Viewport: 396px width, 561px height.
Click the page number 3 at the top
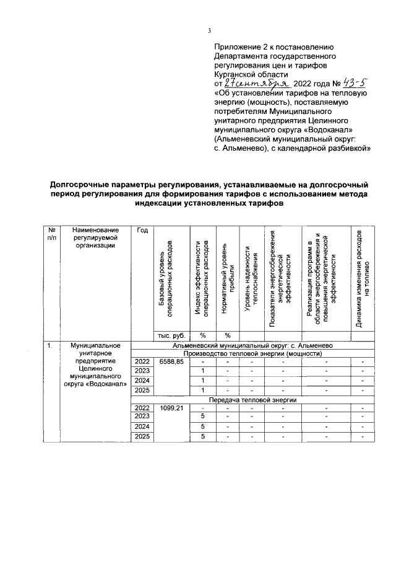point(210,31)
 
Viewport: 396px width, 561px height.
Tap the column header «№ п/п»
point(51,235)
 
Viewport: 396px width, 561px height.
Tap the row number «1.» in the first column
point(48,345)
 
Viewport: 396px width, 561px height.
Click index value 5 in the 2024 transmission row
point(202,427)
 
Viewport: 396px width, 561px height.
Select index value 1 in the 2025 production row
point(202,390)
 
